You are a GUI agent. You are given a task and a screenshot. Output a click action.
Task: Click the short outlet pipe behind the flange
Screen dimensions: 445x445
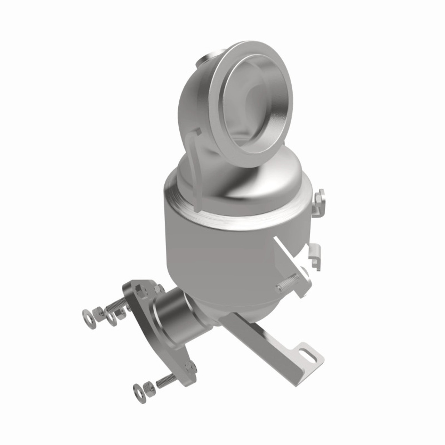[x=174, y=316]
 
